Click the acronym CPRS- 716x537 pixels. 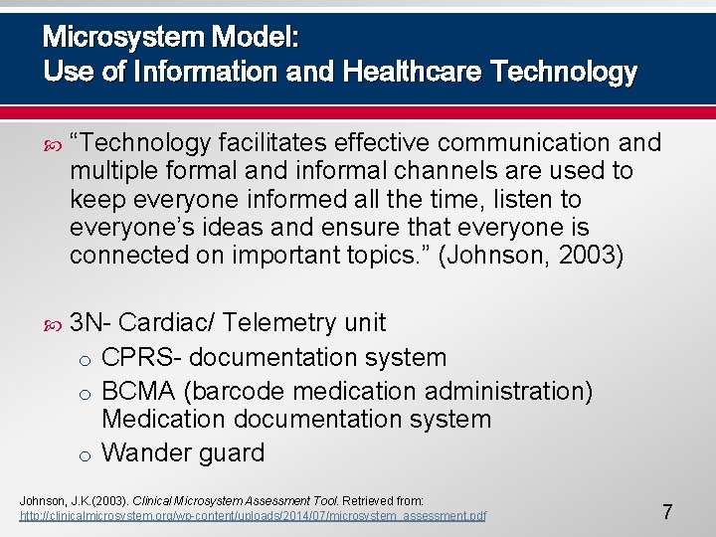[141, 357]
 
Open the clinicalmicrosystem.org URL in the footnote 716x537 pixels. [254, 516]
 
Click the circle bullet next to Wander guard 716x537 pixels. [87, 455]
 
